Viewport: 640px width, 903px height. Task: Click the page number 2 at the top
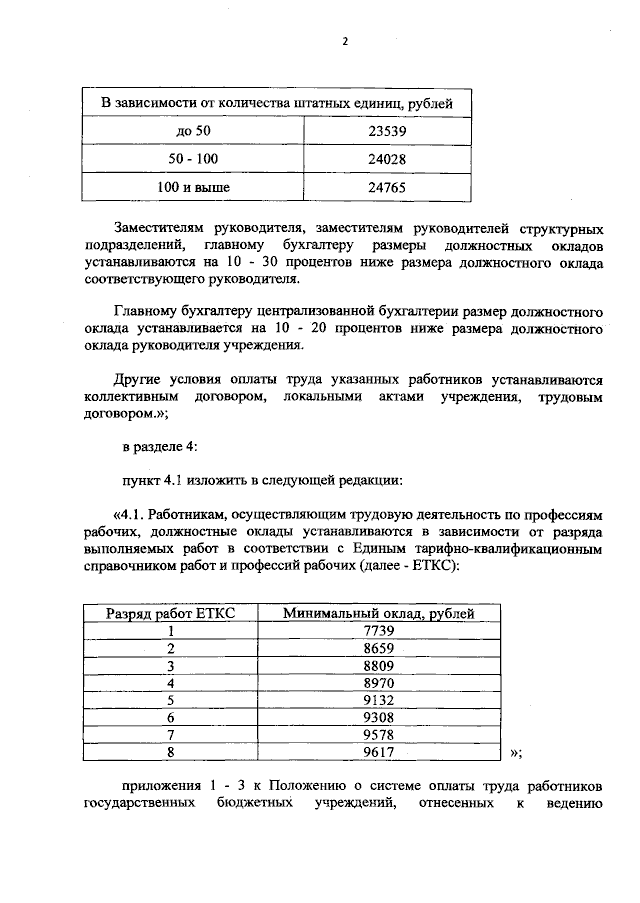(344, 41)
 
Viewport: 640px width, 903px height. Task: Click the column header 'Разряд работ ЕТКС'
(170, 613)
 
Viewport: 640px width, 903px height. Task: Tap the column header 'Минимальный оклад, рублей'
(378, 613)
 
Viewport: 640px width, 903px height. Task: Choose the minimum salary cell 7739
(378, 630)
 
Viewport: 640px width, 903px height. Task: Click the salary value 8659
(378, 648)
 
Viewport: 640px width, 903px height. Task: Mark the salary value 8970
(378, 683)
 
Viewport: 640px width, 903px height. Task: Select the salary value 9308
(378, 718)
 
